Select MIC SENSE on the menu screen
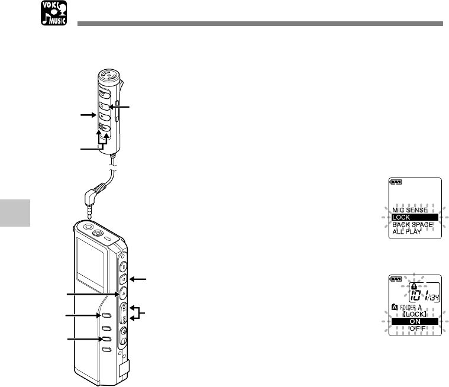[x=410, y=209]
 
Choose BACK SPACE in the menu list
[x=412, y=225]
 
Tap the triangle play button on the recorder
[x=122, y=292]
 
